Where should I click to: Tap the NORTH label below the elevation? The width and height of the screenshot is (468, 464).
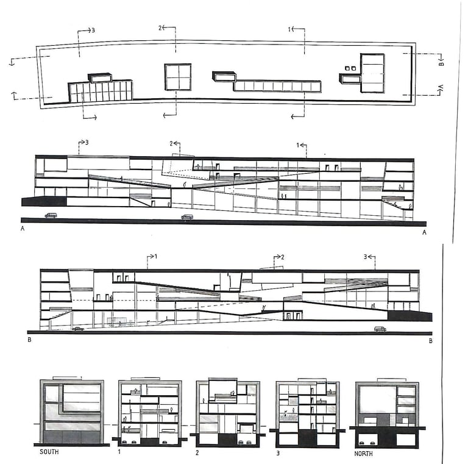point(363,454)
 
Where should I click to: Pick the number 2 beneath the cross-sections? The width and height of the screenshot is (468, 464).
point(199,453)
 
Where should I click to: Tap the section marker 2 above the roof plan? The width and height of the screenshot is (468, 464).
point(161,28)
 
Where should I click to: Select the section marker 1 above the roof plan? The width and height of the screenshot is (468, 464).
point(290,28)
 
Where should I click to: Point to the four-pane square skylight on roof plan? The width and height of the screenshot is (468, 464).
point(177,77)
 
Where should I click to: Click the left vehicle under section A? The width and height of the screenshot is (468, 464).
point(51,215)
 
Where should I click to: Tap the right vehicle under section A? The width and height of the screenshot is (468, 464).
point(187,216)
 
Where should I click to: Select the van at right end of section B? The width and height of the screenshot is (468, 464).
point(380,329)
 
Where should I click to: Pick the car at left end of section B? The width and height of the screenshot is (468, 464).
point(78,329)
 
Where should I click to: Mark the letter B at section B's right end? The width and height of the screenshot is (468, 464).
point(430,341)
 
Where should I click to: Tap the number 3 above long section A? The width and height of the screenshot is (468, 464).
point(87,142)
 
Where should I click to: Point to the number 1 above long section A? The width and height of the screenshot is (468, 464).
point(298,145)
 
